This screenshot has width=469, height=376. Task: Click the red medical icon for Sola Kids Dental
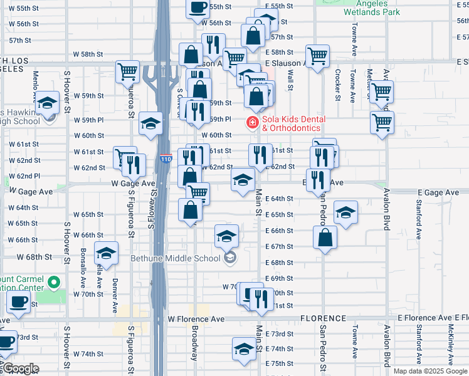[x=253, y=122]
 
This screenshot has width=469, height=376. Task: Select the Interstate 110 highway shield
[x=165, y=160]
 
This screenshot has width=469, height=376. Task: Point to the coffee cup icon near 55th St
[x=198, y=8]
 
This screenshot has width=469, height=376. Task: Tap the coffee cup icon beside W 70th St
[x=18, y=302]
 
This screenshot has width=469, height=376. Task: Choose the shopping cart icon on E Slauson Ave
[x=318, y=55]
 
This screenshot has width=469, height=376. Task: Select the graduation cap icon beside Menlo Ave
[x=46, y=103]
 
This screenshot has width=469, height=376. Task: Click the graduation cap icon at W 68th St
[x=107, y=253]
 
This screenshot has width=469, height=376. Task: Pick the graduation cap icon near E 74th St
[x=244, y=348]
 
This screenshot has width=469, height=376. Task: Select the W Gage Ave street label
[x=133, y=184]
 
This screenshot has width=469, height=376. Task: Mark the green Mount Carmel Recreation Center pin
[x=54, y=283]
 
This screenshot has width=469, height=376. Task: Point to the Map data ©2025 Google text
[x=431, y=371]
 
